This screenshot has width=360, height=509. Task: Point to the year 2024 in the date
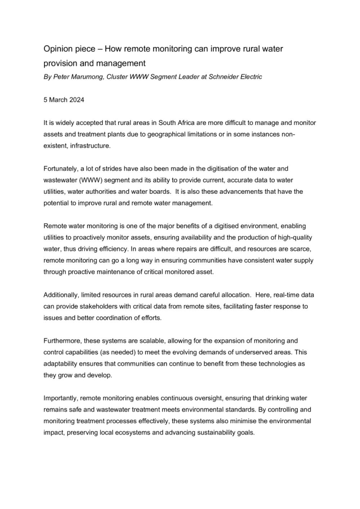pos(77,100)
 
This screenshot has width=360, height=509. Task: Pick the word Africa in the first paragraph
pos(193,123)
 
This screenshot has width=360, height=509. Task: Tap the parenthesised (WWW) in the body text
pos(90,180)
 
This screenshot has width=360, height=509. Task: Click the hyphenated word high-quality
pos(294,237)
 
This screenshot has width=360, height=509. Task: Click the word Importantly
pos(60,398)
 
